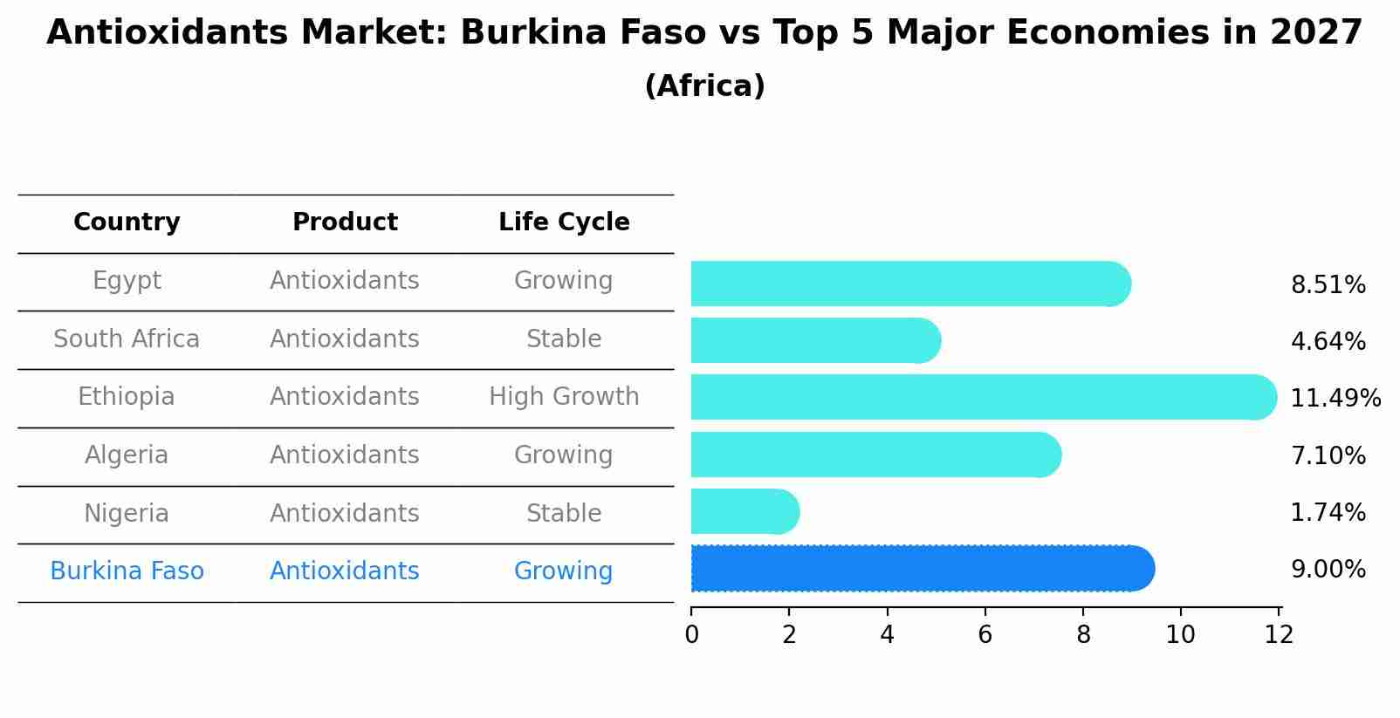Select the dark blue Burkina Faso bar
pyautogui.click(x=922, y=569)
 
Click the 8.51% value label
pyautogui.click(x=1328, y=285)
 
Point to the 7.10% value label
pyautogui.click(x=1328, y=455)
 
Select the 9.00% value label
pyautogui.click(x=1328, y=570)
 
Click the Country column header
pyautogui.click(x=127, y=222)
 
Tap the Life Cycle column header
pyautogui.click(x=564, y=222)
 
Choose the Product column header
pyautogui.click(x=345, y=222)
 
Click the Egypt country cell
pyautogui.click(x=127, y=281)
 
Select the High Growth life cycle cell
pyautogui.click(x=564, y=397)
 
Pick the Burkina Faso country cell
pyautogui.click(x=127, y=571)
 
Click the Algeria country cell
pyautogui.click(x=127, y=455)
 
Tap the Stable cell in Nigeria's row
pyautogui.click(x=564, y=513)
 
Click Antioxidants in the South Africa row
pyautogui.click(x=345, y=338)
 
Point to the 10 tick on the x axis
pyautogui.click(x=1180, y=635)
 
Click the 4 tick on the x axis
pyautogui.click(x=887, y=635)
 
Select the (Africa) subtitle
pyautogui.click(x=704, y=86)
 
